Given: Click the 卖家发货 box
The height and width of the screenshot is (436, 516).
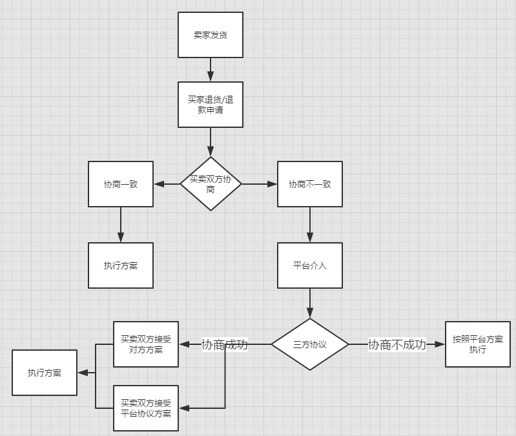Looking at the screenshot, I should pyautogui.click(x=211, y=34).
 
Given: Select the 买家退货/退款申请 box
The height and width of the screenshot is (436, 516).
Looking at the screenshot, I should pyautogui.click(x=211, y=104).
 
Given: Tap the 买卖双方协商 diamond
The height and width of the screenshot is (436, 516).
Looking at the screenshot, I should pyautogui.click(x=211, y=184).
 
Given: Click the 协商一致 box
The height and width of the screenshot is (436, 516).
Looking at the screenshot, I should pyautogui.click(x=121, y=184).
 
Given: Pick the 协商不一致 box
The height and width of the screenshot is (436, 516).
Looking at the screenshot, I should pyautogui.click(x=310, y=184).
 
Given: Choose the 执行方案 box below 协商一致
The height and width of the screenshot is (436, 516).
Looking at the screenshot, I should pyautogui.click(x=121, y=265).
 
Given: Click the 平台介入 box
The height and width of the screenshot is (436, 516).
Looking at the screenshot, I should pyautogui.click(x=310, y=265).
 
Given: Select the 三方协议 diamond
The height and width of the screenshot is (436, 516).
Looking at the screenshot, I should pyautogui.click(x=310, y=344).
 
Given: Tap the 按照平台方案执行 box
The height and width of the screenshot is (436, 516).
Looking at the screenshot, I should pyautogui.click(x=478, y=344).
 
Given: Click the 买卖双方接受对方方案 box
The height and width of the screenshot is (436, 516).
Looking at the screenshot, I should pyautogui.click(x=146, y=344).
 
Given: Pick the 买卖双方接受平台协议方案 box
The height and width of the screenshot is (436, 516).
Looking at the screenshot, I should pyautogui.click(x=146, y=408).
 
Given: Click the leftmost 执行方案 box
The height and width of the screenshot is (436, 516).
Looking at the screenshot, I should pyautogui.click(x=45, y=373).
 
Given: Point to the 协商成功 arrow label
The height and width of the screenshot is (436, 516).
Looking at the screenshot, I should pyautogui.click(x=225, y=344).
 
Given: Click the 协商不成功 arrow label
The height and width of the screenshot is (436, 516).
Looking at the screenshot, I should pyautogui.click(x=397, y=344).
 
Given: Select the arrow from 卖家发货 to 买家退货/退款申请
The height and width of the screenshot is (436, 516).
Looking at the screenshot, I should pyautogui.click(x=211, y=69).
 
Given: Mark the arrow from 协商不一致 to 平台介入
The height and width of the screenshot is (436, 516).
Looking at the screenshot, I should pyautogui.click(x=310, y=225).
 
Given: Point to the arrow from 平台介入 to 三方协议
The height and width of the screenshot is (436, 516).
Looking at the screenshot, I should pyautogui.click(x=310, y=303).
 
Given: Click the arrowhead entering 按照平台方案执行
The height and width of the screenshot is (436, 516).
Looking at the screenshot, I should pyautogui.click(x=441, y=344).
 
